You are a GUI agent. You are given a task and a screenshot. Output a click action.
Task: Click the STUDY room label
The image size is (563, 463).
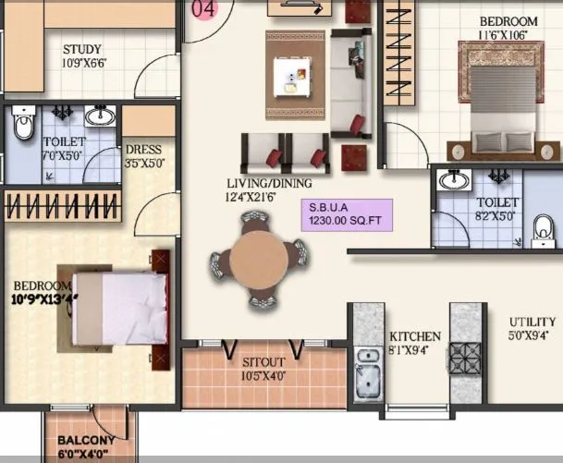[x=82, y=49]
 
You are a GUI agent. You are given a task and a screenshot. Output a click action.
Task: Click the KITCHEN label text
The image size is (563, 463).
[x=415, y=336]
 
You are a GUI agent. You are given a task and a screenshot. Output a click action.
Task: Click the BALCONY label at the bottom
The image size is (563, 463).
[x=86, y=441]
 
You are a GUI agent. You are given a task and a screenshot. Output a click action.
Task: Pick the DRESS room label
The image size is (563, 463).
[x=143, y=150]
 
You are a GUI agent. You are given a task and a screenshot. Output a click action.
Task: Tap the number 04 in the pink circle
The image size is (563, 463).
[x=203, y=8]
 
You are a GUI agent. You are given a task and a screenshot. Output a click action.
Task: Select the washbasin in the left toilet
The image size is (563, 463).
[x=100, y=117]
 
